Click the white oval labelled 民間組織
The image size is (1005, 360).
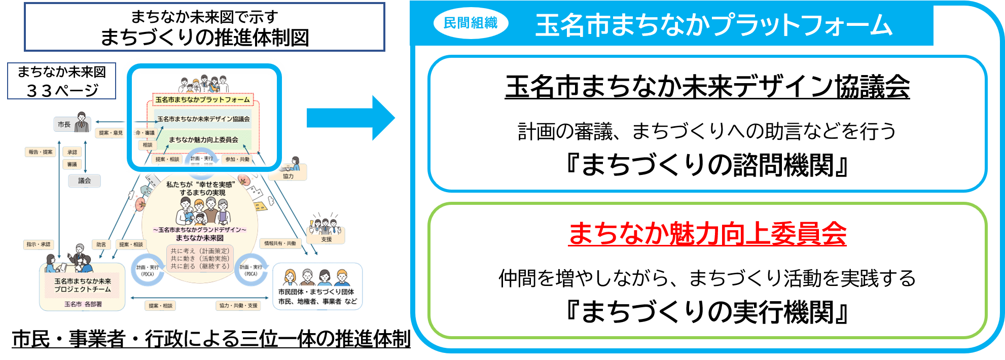click(471, 23)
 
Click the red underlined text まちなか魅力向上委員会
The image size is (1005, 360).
click(707, 234)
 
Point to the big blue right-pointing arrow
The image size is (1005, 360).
click(351, 118)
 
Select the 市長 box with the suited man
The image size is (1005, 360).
click(72, 124)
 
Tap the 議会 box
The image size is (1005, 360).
click(84, 181)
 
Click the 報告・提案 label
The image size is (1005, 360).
click(41, 152)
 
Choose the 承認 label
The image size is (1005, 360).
click(73, 152)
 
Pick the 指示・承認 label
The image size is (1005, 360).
click(39, 244)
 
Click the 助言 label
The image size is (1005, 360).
click(101, 244)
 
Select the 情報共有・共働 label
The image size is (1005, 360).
click(280, 243)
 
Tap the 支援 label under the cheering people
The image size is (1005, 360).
click(326, 239)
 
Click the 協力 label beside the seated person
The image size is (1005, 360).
click(288, 176)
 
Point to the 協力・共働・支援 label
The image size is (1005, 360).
click(238, 306)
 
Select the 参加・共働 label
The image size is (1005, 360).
click(237, 159)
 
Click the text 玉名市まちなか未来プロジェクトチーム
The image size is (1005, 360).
click(83, 285)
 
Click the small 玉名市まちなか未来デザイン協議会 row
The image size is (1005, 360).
click(203, 119)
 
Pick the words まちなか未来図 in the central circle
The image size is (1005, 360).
click(200, 238)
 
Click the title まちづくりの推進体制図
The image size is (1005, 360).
click(204, 38)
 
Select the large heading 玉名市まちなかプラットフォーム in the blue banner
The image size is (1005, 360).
click(713, 25)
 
